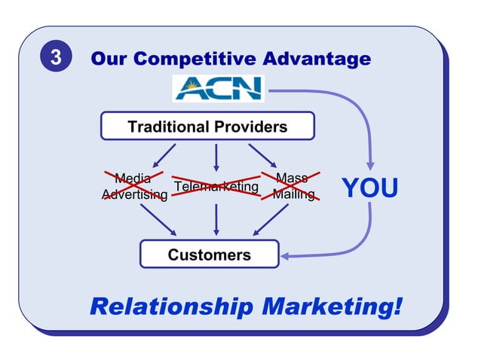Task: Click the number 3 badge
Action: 56,58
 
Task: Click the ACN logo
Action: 217,88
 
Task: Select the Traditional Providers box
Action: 207,126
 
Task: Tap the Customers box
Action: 209,255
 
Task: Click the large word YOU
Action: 369,188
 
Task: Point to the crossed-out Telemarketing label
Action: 216,186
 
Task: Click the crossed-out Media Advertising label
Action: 134,187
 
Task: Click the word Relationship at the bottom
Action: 171,307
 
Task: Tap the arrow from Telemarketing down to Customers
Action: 216,219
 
